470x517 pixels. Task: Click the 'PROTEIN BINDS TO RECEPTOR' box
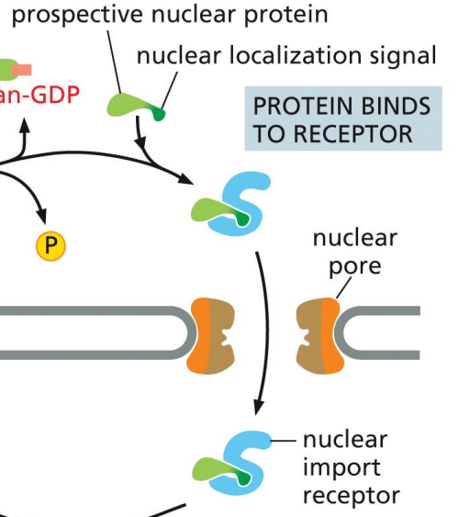(x=342, y=118)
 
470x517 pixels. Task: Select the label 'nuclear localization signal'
(x=285, y=55)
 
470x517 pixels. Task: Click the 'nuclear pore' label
(x=354, y=252)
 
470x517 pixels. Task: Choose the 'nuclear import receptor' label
(x=350, y=467)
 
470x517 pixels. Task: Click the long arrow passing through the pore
(x=264, y=331)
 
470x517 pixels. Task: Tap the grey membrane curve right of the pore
(x=376, y=331)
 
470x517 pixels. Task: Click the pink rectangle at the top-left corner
(x=19, y=69)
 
